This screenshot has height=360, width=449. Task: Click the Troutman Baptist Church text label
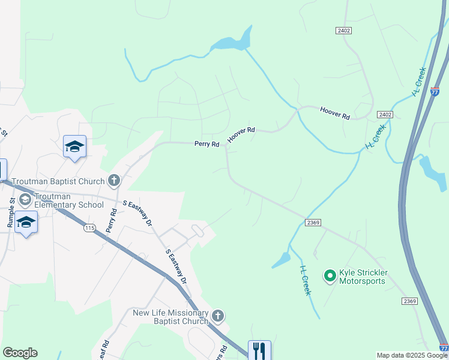tap(58, 181)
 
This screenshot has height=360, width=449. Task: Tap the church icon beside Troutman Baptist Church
tap(114, 181)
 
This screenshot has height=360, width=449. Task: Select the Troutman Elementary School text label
tap(68, 200)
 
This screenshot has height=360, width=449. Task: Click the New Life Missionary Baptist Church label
tap(170, 317)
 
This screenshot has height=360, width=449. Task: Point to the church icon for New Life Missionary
tap(217, 316)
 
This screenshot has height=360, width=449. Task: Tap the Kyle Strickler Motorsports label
tap(363, 277)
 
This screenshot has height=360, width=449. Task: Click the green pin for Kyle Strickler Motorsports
tap(330, 276)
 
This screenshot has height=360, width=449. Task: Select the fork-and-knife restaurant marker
tap(259, 350)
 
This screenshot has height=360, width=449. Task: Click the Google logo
tap(20, 353)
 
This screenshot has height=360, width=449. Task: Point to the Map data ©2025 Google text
tap(412, 356)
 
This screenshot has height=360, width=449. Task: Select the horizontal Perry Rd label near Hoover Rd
tap(206, 144)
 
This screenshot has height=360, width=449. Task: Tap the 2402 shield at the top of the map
tap(343, 30)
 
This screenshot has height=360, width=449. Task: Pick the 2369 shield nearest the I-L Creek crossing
tap(313, 223)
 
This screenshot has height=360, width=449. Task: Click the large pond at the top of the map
tap(233, 42)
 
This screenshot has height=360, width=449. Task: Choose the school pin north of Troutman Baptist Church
tap(75, 146)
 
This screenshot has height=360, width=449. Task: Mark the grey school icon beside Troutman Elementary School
tap(25, 199)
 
